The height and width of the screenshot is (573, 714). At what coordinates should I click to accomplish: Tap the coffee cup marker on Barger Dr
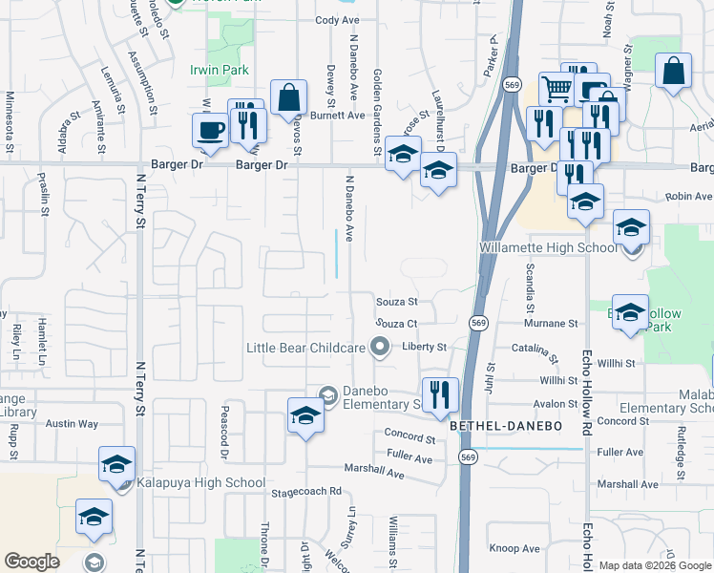(x=210, y=131)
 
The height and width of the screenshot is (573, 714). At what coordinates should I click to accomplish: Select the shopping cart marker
(x=556, y=91)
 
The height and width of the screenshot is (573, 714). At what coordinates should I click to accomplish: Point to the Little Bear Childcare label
(x=306, y=348)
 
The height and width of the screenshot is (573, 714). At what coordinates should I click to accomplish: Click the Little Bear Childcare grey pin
(x=381, y=347)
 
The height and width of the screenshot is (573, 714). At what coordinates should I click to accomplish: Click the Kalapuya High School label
(x=200, y=482)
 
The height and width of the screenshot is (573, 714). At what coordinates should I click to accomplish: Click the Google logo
(x=31, y=562)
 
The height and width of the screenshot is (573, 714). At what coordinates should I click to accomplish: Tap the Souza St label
(x=397, y=302)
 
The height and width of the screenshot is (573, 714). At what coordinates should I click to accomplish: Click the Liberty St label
(x=424, y=347)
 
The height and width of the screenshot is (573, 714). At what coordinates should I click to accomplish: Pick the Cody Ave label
(x=337, y=19)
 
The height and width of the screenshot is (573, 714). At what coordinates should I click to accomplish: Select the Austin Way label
(x=73, y=423)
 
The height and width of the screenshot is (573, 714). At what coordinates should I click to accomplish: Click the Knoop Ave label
(x=514, y=548)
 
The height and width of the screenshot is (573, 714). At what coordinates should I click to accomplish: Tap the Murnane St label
(x=547, y=324)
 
